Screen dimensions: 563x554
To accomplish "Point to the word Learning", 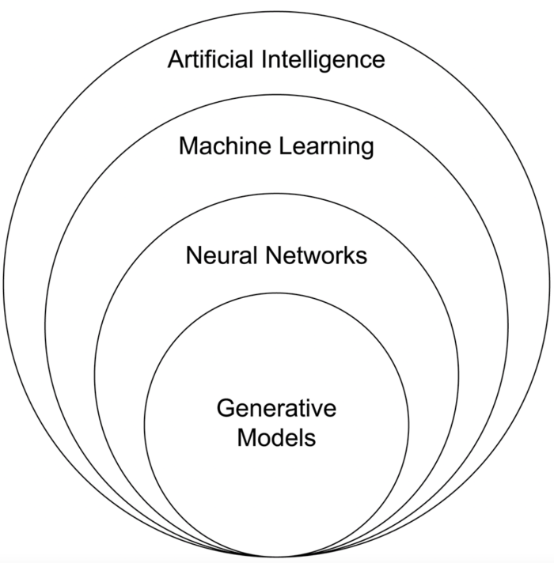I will [x=325, y=147].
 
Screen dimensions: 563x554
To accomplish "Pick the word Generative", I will [x=276, y=408].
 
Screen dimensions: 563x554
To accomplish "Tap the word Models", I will [x=276, y=436].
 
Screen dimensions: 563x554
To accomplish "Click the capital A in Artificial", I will [x=176, y=60].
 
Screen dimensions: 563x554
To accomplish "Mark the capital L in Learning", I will [x=282, y=145].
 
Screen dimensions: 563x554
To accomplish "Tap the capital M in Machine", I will [x=188, y=145].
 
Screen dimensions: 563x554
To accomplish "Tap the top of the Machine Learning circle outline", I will [x=277, y=103].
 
